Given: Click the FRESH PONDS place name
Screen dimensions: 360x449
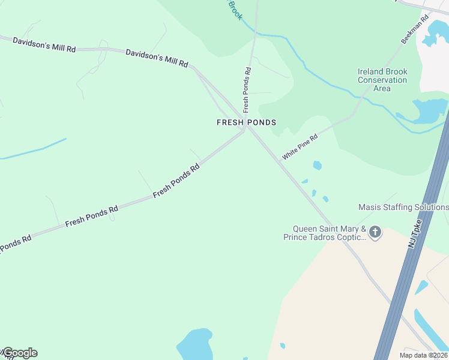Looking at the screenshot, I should (246, 122).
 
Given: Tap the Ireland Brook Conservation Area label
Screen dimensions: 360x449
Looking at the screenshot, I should (382, 80).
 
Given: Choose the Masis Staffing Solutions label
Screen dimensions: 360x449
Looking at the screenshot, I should (403, 207).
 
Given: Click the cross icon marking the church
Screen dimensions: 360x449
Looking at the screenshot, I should (375, 232).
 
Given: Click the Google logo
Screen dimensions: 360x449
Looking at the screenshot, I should (20, 353).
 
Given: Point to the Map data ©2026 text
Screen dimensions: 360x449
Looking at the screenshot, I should (423, 355).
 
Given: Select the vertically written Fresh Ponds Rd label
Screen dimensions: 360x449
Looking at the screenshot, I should (247, 90).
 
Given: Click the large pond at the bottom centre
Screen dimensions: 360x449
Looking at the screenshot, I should (194, 343).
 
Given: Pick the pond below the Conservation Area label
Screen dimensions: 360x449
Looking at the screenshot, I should (429, 110).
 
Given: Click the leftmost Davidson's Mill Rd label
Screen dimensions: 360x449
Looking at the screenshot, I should (44, 44).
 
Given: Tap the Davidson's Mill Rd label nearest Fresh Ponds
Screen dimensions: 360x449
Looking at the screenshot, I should (157, 58).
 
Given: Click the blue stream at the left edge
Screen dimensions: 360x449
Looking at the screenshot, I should (33, 150).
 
